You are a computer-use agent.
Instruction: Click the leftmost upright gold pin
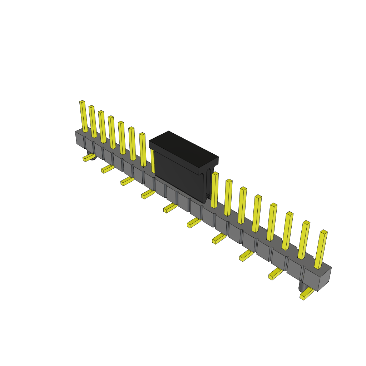[83, 117]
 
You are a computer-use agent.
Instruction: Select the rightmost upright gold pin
[321, 249]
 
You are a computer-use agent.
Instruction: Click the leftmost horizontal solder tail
[88, 157]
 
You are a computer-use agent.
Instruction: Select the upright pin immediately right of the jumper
[214, 190]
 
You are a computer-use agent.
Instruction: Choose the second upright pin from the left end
[93, 122]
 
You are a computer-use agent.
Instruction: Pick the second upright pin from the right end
[303, 240]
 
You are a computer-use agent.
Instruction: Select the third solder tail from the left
[127, 181]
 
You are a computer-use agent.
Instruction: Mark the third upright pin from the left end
[102, 127]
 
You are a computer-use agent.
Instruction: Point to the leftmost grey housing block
[80, 139]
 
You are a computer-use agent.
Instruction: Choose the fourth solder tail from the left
[148, 194]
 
